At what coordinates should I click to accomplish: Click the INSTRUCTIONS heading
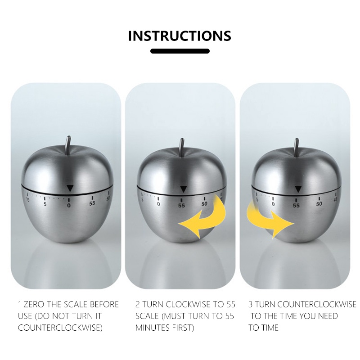(x=180, y=36)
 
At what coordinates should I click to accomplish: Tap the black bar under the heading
(x=180, y=51)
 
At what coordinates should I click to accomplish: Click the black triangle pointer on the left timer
(x=70, y=188)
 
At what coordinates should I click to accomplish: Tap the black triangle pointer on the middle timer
(x=183, y=189)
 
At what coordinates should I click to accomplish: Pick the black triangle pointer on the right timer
(x=298, y=189)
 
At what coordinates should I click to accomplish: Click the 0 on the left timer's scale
(x=69, y=206)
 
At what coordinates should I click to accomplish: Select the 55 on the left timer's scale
(x=92, y=203)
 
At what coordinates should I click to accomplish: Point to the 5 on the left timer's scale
(x=45, y=204)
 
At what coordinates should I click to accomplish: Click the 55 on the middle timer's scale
(x=181, y=206)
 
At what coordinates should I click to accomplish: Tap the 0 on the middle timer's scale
(x=158, y=204)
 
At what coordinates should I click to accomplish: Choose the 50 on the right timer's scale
(x=319, y=204)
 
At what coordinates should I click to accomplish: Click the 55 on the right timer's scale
(x=296, y=206)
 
